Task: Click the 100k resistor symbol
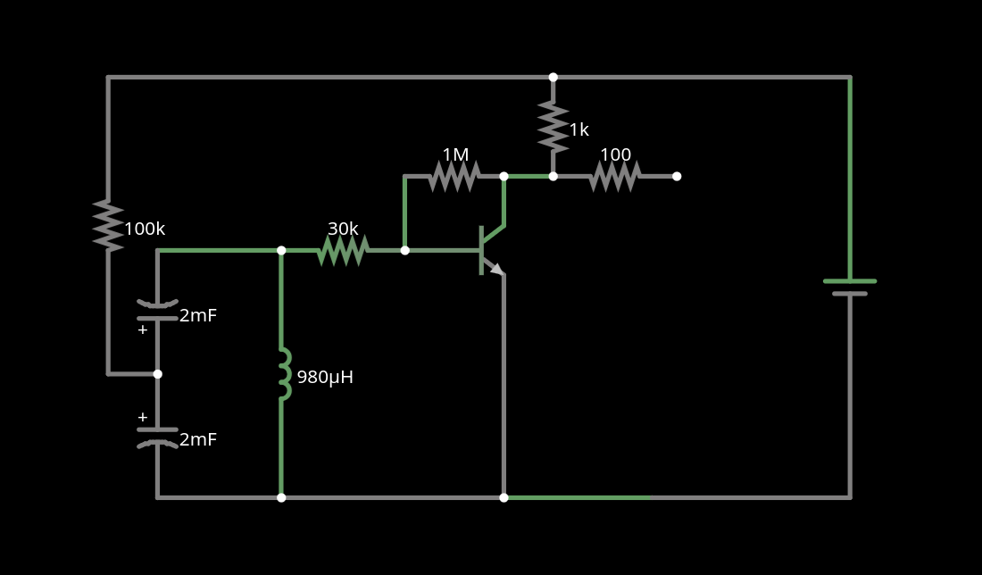click(x=108, y=225)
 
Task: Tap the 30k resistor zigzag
click(x=343, y=251)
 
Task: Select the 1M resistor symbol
click(x=454, y=177)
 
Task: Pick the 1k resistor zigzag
click(x=553, y=127)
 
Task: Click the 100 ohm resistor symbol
click(x=614, y=177)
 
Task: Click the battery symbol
click(x=850, y=287)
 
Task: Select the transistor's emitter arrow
click(x=495, y=269)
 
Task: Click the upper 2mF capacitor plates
click(x=157, y=311)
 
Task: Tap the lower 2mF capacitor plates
click(x=157, y=437)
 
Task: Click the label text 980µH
click(x=325, y=378)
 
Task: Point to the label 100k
click(x=145, y=229)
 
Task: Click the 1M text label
click(x=455, y=155)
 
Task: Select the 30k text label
click(x=343, y=229)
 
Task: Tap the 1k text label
click(x=579, y=130)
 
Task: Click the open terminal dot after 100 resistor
click(x=677, y=177)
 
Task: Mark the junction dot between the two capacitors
click(x=158, y=374)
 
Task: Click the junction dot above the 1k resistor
click(x=553, y=78)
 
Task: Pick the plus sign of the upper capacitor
click(x=143, y=329)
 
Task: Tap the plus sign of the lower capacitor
click(x=143, y=417)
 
